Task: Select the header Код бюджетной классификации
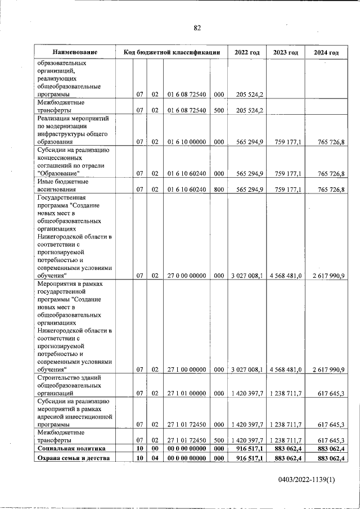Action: tap(171, 52)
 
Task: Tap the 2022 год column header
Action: tap(246, 52)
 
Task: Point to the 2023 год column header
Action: tap(285, 52)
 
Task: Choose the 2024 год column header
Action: tap(326, 52)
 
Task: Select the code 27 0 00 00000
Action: tap(186, 276)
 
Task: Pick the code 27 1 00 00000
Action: tap(186, 370)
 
